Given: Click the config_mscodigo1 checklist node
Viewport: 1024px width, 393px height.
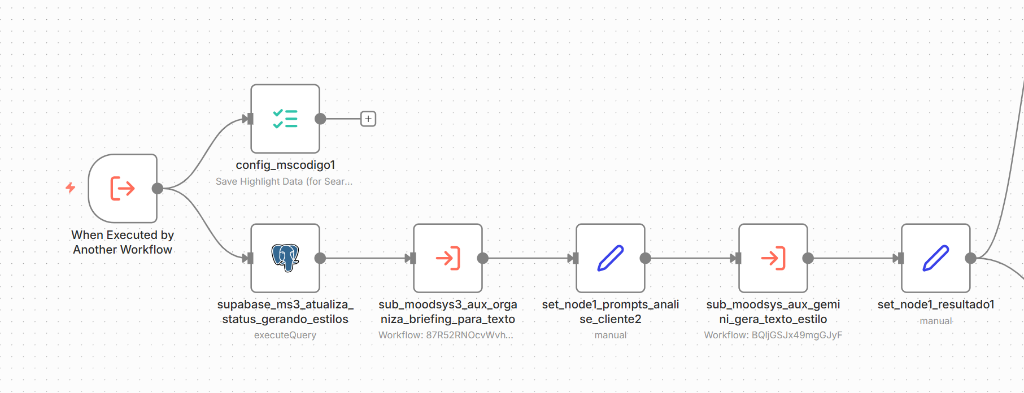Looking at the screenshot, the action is pyautogui.click(x=285, y=118).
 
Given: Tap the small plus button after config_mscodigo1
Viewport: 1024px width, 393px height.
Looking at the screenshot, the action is pyautogui.click(x=368, y=119).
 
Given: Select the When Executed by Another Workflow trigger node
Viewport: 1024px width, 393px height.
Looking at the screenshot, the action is pyautogui.click(x=123, y=188).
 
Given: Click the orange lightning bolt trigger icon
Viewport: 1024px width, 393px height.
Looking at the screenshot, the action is pyautogui.click(x=71, y=188).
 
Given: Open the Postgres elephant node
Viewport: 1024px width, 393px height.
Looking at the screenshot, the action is pyautogui.click(x=285, y=258).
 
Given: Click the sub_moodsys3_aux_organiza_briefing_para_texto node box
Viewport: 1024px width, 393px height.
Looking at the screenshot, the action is pyautogui.click(x=448, y=258).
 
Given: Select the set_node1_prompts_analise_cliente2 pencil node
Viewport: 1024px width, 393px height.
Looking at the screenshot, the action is pyautogui.click(x=611, y=258).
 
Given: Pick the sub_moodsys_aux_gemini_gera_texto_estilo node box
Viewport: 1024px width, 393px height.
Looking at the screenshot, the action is pyautogui.click(x=773, y=258).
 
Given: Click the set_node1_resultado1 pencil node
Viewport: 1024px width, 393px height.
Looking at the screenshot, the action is pyautogui.click(x=936, y=258).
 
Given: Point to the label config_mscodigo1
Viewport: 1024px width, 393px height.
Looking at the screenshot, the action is pyautogui.click(x=285, y=166).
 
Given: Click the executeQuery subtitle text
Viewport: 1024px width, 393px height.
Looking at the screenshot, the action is pyautogui.click(x=285, y=335).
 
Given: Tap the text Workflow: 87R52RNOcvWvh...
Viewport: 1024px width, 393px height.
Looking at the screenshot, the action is pyautogui.click(x=447, y=335).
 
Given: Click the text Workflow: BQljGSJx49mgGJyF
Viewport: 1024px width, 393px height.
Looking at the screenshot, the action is pyautogui.click(x=773, y=335).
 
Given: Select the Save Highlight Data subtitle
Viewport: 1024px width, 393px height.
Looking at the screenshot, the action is pyautogui.click(x=285, y=181).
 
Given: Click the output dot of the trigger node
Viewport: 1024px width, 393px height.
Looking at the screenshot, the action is pyautogui.click(x=157, y=188).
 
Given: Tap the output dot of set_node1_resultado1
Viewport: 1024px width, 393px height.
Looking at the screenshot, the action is pyautogui.click(x=970, y=258).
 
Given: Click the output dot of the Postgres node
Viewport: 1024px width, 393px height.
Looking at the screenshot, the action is pyautogui.click(x=320, y=258).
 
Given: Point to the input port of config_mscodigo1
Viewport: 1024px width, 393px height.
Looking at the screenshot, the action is pyautogui.click(x=248, y=119).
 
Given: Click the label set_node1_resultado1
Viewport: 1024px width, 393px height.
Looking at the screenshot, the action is pyautogui.click(x=936, y=305).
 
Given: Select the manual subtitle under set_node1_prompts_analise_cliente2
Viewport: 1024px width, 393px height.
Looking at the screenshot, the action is pyautogui.click(x=611, y=335).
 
